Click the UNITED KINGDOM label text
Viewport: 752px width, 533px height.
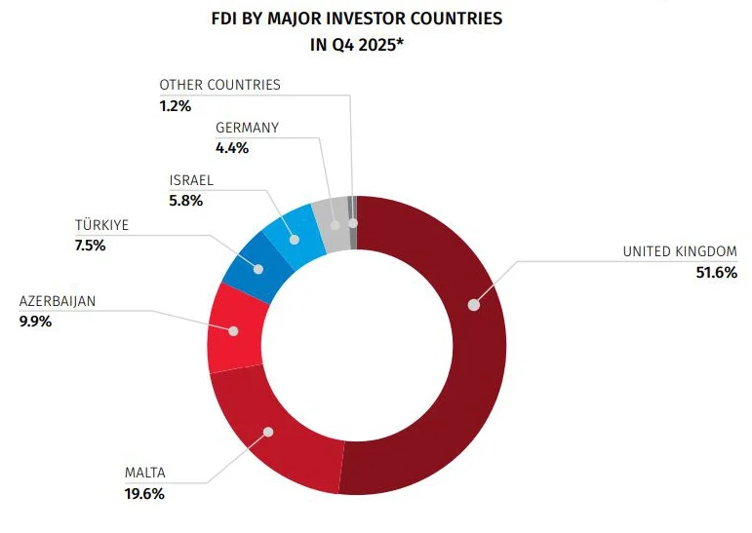[679, 252]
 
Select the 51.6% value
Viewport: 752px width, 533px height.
[716, 272]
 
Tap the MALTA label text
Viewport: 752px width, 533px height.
[144, 474]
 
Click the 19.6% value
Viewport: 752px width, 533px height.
[144, 493]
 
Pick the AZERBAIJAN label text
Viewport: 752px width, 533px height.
[58, 301]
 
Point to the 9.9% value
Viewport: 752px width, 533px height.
[35, 321]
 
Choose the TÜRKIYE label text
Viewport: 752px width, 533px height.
[102, 226]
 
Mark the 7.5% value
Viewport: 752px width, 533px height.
[90, 246]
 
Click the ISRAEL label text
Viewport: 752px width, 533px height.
[191, 180]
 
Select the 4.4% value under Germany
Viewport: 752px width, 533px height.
[232, 148]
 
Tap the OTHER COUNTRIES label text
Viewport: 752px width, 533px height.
[219, 85]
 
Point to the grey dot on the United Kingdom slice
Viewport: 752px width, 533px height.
[474, 304]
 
